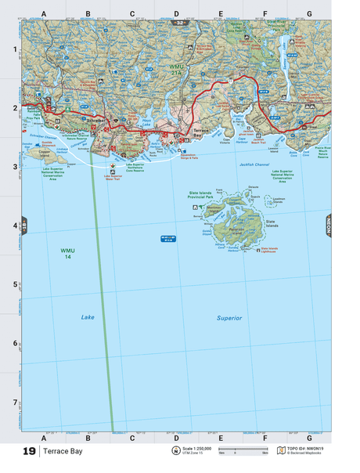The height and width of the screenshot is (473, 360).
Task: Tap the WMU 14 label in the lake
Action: (x=68, y=254)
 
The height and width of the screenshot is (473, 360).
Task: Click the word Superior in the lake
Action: (x=229, y=318)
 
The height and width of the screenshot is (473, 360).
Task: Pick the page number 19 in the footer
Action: (x=29, y=452)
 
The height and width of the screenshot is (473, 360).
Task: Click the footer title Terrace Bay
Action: (x=61, y=452)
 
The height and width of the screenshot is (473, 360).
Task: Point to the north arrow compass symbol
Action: (x=175, y=451)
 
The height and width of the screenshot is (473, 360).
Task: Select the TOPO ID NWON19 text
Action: (x=304, y=449)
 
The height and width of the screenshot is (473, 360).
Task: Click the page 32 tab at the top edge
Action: (x=181, y=23)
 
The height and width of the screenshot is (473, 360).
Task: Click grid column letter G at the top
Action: (x=309, y=13)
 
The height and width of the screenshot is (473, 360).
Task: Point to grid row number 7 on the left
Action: (x=13, y=403)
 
